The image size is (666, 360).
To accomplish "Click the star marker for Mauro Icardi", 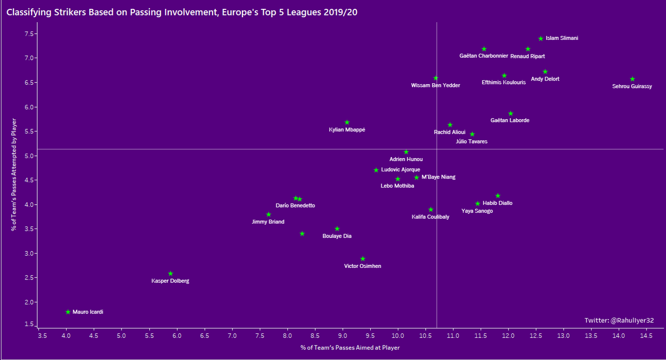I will pos(68,312).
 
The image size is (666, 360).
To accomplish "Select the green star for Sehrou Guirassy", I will pos(632,79).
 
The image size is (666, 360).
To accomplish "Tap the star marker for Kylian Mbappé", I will pos(347,122).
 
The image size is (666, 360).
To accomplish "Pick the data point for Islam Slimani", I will pos(541,38).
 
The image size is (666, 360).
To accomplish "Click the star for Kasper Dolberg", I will pos(170,273).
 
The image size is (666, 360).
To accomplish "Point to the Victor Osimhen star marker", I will pos(363,259).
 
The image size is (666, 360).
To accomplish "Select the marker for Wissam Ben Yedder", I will pos(436,78).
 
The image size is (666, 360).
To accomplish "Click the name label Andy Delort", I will pos(545,79).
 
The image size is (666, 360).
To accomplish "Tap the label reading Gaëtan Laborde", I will pos(509,120).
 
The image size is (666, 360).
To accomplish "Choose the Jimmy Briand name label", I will pos(268,222).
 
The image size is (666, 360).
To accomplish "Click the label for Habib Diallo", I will pos(497,203).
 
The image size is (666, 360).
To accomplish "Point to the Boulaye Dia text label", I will pos(337,236).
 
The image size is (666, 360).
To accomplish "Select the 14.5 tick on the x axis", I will pos(647,336).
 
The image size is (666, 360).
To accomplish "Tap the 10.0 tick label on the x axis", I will pos(398,336).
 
